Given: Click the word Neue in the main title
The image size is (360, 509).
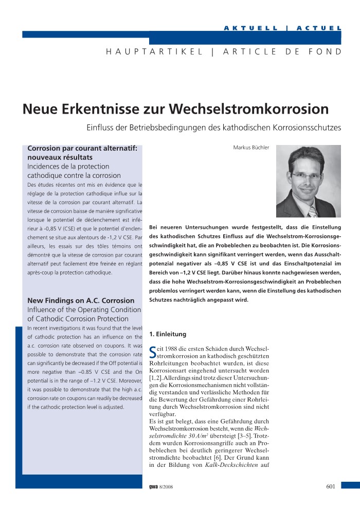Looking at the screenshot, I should (39, 109).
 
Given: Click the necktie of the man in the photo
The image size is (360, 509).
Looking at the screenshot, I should (312, 210).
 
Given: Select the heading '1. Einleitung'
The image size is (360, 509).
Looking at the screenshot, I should (167, 334).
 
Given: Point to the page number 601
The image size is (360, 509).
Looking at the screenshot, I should (331, 486).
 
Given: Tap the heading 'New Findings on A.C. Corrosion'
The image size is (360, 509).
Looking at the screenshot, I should (81, 300).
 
